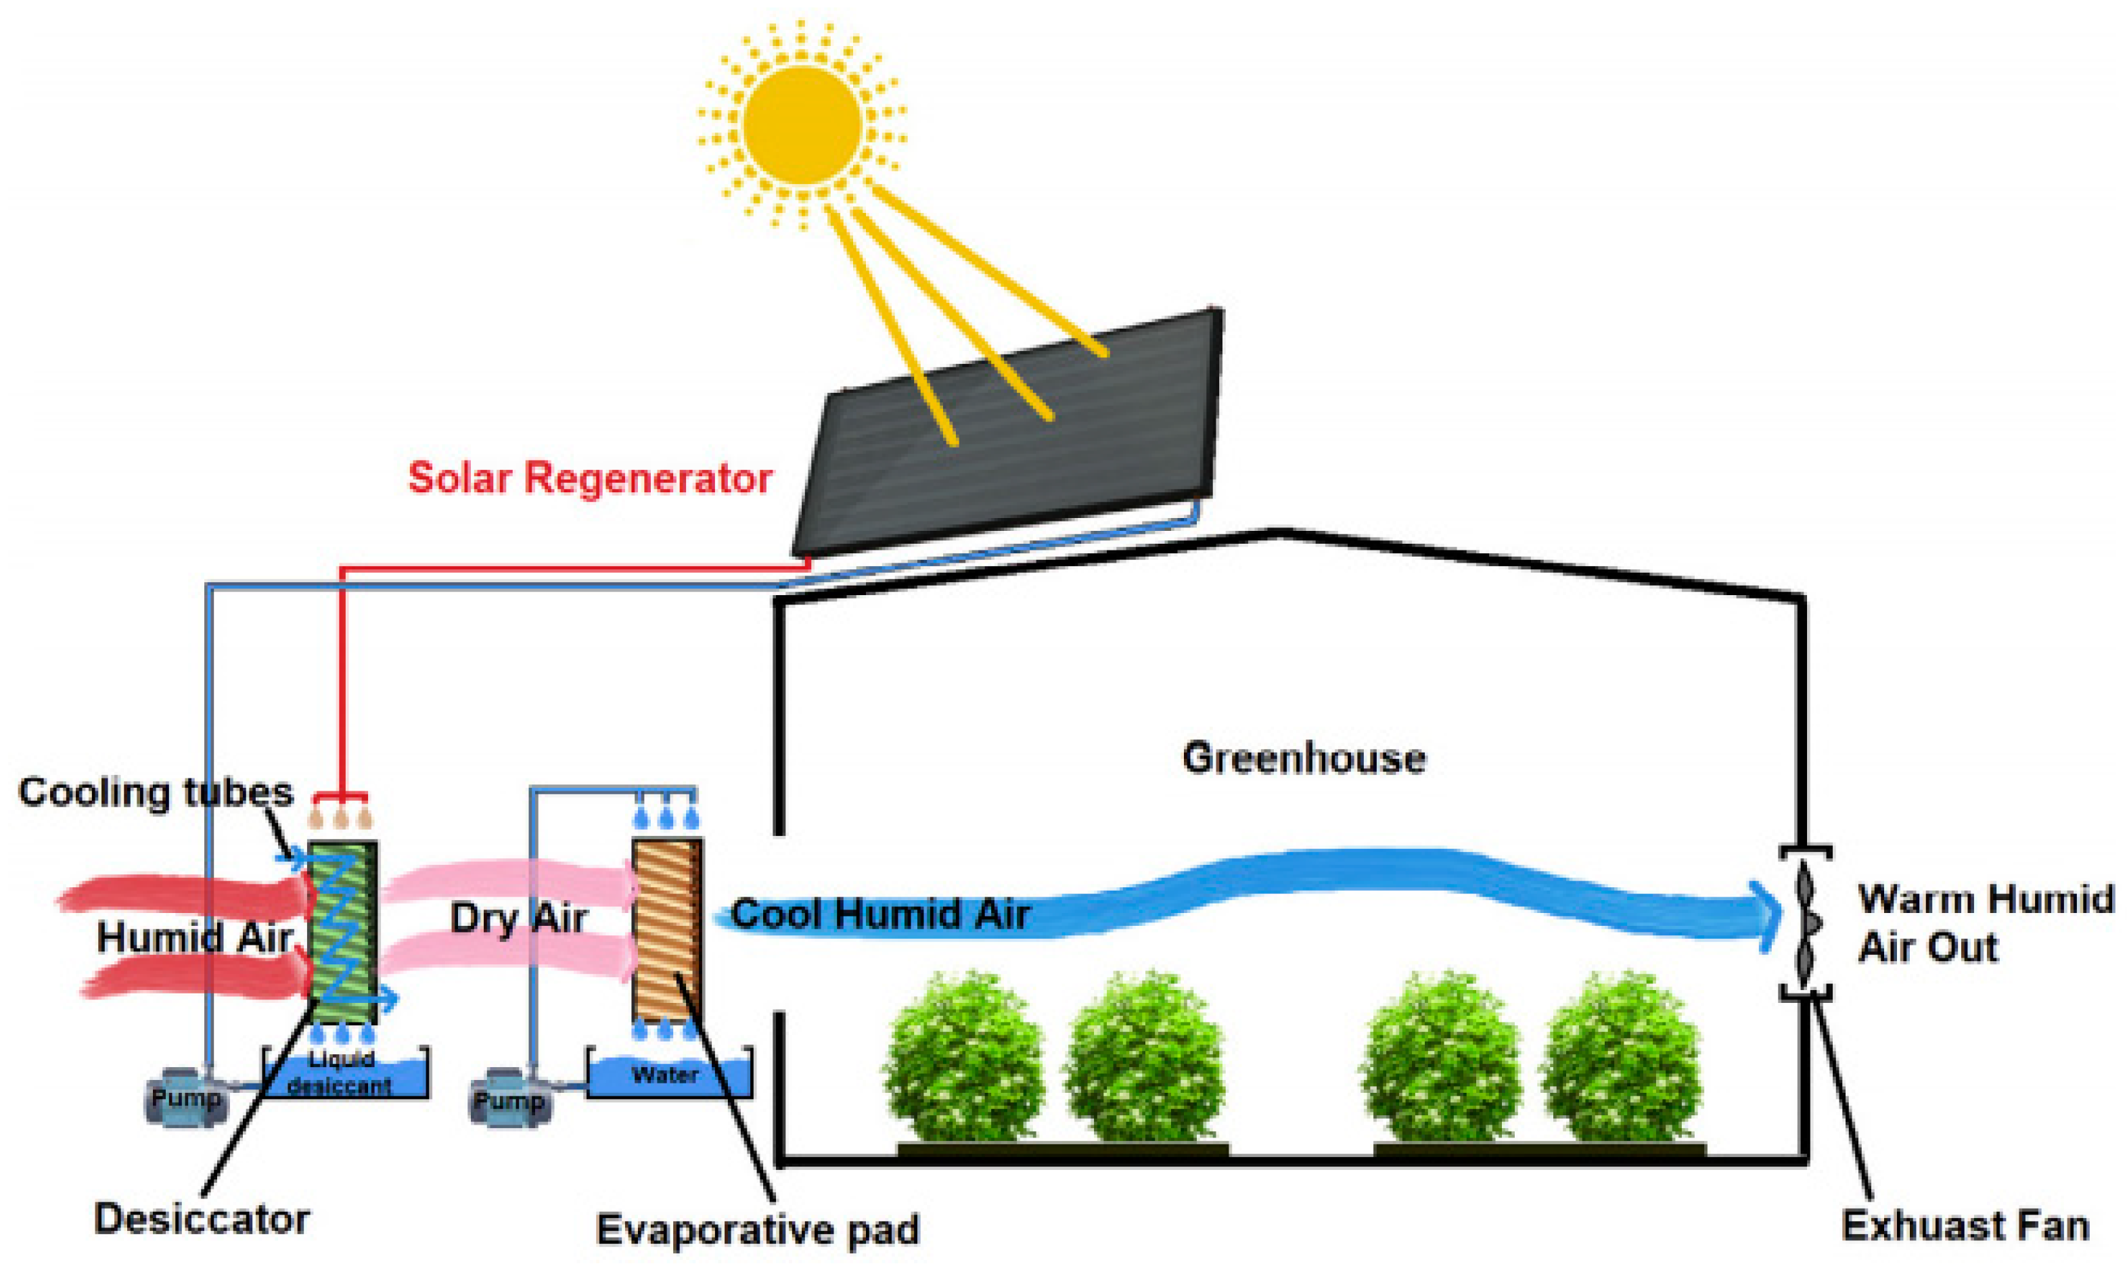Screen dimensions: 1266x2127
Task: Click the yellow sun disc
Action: pos(801,124)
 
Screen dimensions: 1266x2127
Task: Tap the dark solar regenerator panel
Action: pos(1007,435)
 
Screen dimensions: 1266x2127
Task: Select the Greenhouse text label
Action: pos(1303,758)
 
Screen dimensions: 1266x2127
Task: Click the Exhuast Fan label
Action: pos(1965,1226)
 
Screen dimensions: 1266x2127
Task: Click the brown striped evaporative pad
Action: pos(667,930)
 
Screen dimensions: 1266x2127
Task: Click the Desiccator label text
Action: pos(202,1218)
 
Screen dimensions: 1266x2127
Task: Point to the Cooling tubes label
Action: pos(156,793)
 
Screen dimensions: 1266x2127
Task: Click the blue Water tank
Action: pos(669,1077)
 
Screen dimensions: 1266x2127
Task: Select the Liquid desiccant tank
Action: pos(343,1075)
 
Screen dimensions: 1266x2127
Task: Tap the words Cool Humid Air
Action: pos(879,914)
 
